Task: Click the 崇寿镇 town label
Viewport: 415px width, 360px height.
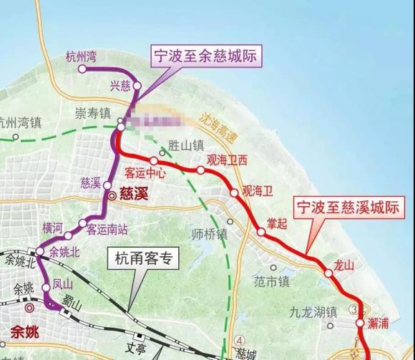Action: pos(94,114)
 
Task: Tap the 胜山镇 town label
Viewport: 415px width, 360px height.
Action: pos(186,144)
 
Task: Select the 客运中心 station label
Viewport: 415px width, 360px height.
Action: pos(145,172)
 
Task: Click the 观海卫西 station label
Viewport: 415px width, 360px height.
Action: pos(226,160)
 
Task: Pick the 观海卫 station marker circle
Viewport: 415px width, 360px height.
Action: pos(234,192)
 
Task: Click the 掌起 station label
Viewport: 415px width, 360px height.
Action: pos(277,223)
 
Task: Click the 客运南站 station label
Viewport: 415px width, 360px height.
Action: pos(107,230)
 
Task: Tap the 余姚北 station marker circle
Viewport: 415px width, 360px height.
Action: pos(40,251)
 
